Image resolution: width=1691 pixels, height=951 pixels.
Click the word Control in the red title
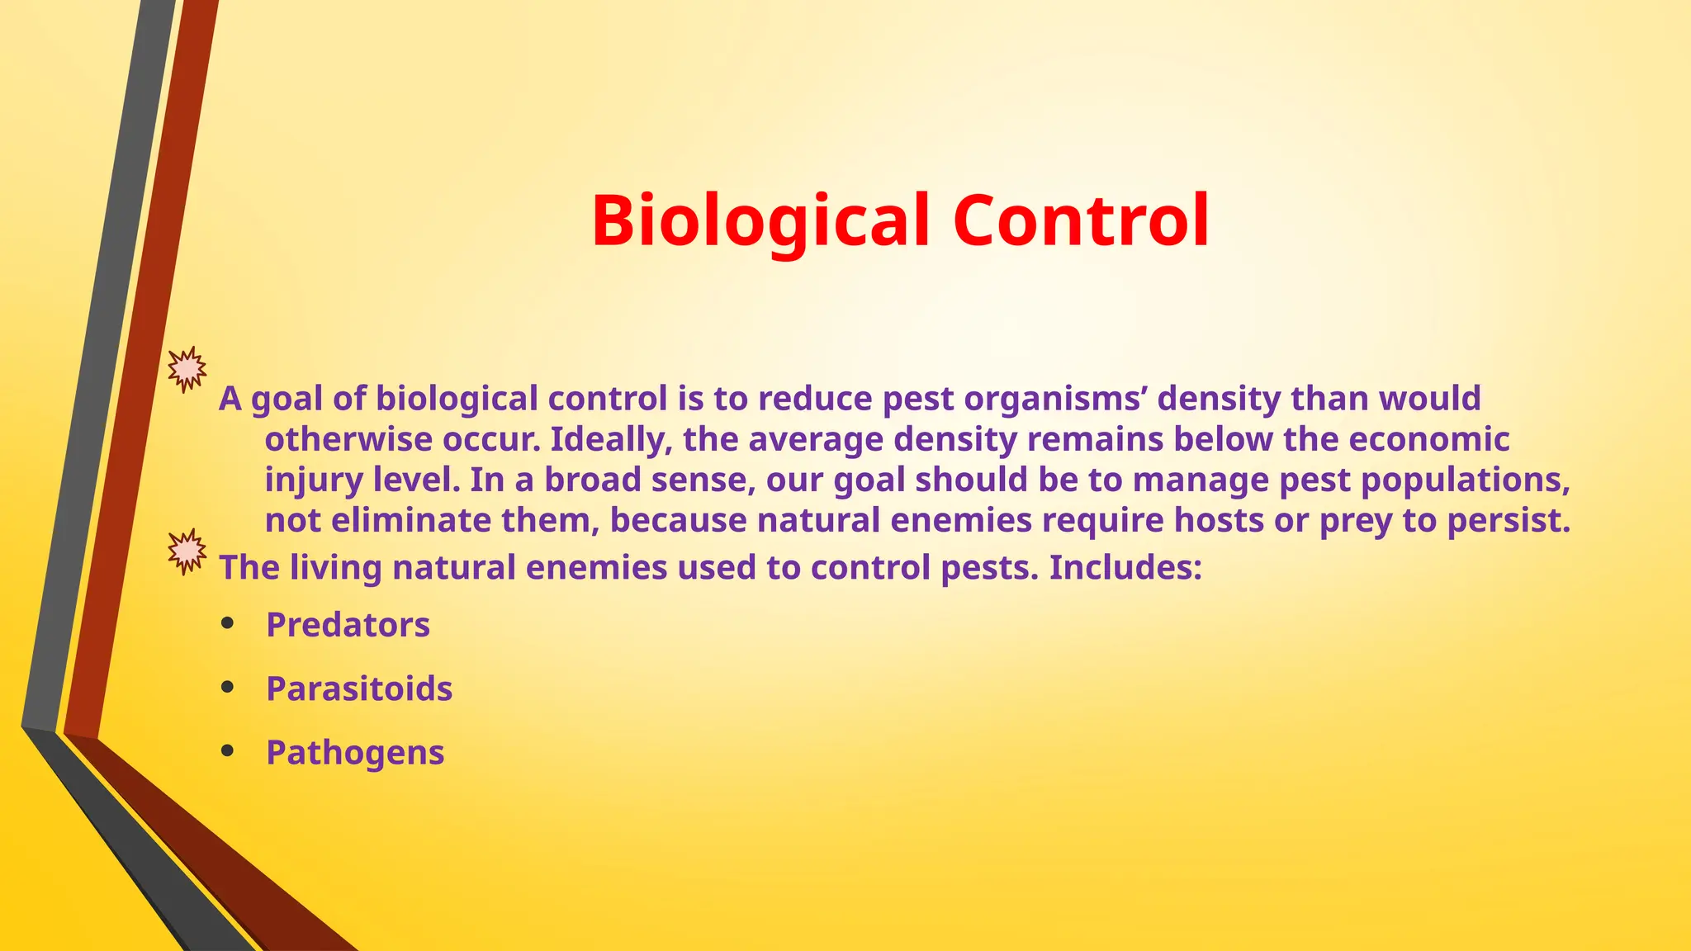click(1081, 221)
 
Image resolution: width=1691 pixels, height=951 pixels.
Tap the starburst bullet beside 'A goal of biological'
click(187, 369)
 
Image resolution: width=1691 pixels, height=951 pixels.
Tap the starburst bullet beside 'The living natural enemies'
click(187, 551)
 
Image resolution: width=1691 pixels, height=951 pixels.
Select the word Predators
click(348, 625)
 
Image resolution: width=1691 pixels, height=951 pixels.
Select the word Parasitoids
click(359, 688)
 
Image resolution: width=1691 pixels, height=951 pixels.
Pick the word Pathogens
click(355, 753)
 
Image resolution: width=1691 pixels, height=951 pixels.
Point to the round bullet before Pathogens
click(228, 751)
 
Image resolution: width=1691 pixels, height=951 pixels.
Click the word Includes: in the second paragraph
click(1125, 568)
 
